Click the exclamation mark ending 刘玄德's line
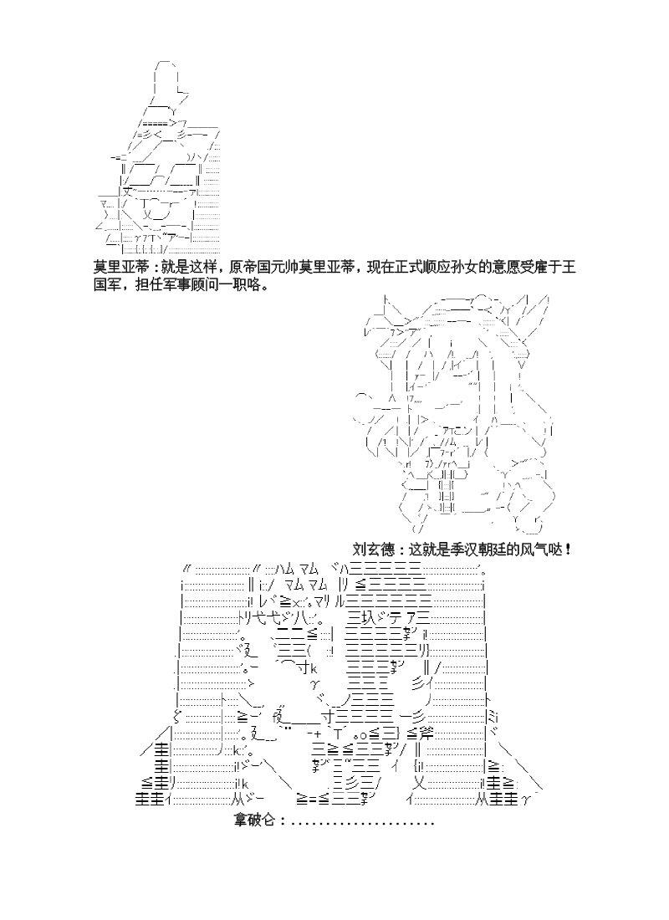pos(569,549)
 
